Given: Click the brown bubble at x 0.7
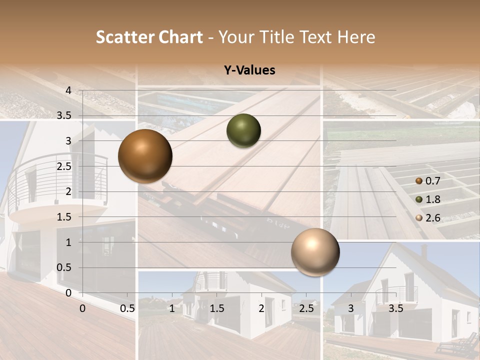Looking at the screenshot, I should click(x=145, y=156).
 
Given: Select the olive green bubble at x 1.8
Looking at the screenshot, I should click(x=243, y=130).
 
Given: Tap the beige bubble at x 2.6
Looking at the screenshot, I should click(x=315, y=252).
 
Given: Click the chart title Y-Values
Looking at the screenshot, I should click(x=249, y=70).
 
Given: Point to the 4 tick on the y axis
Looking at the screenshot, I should click(x=68, y=90).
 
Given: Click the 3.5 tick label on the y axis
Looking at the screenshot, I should click(x=63, y=115).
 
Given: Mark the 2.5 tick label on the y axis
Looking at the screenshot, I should click(x=63, y=166).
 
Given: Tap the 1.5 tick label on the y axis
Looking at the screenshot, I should click(x=63, y=217).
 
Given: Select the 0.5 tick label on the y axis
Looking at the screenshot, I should click(x=63, y=267).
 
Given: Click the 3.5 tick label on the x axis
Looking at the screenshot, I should click(x=395, y=308).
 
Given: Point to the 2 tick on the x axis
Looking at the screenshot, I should click(x=261, y=308).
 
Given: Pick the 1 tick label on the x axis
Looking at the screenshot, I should click(x=172, y=308).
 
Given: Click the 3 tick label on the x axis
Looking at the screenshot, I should click(x=351, y=308).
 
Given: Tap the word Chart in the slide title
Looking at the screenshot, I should click(x=181, y=37).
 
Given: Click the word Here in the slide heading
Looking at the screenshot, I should click(x=357, y=37).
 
